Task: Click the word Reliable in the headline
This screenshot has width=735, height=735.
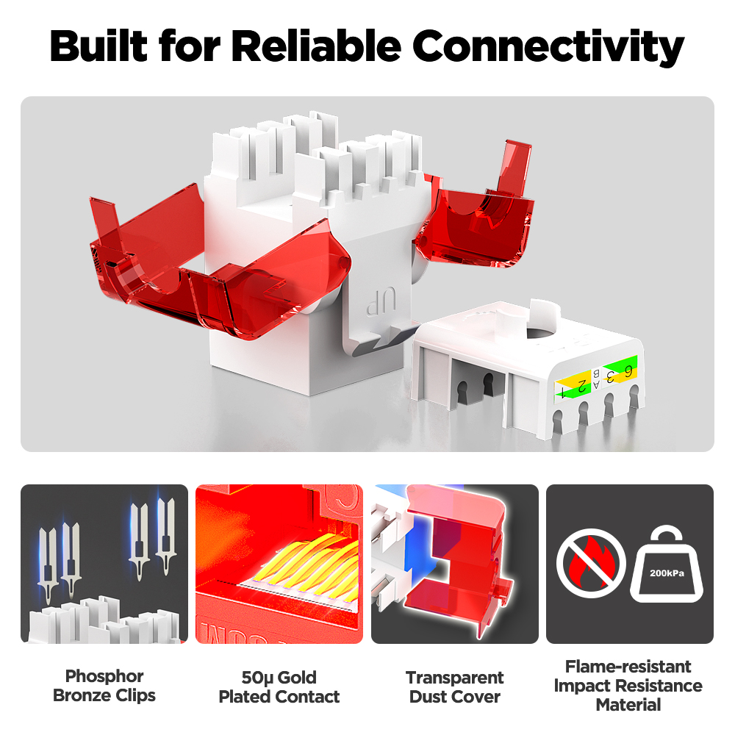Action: point(318,46)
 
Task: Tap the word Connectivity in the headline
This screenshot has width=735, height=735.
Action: point(548,46)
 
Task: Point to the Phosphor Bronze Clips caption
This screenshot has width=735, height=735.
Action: point(104,685)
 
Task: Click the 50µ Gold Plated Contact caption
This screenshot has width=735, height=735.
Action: point(279,686)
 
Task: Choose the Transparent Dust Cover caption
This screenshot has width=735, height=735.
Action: point(455,686)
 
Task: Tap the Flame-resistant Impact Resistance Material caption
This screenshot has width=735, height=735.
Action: point(628,685)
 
